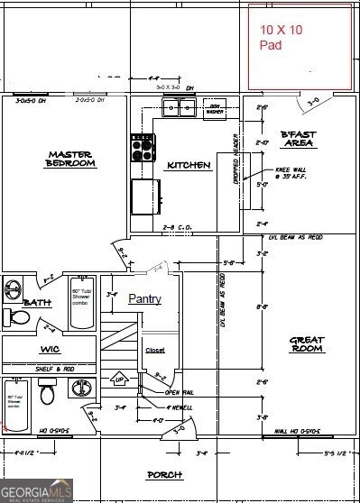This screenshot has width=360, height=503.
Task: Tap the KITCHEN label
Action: (x=189, y=165)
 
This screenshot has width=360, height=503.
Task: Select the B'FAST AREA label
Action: (x=297, y=138)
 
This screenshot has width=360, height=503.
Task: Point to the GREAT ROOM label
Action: (x=306, y=344)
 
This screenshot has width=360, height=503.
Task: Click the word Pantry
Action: (x=145, y=298)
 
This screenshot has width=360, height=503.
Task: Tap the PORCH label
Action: (x=164, y=474)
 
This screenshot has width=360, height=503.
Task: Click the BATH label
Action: (x=38, y=303)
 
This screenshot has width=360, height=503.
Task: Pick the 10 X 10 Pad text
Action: (x=282, y=37)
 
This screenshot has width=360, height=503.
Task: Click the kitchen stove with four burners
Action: (x=143, y=147)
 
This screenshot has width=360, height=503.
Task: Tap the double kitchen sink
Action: (x=179, y=108)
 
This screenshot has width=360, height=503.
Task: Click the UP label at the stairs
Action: (x=120, y=381)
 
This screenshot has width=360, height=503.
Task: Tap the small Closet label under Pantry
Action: (x=154, y=350)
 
